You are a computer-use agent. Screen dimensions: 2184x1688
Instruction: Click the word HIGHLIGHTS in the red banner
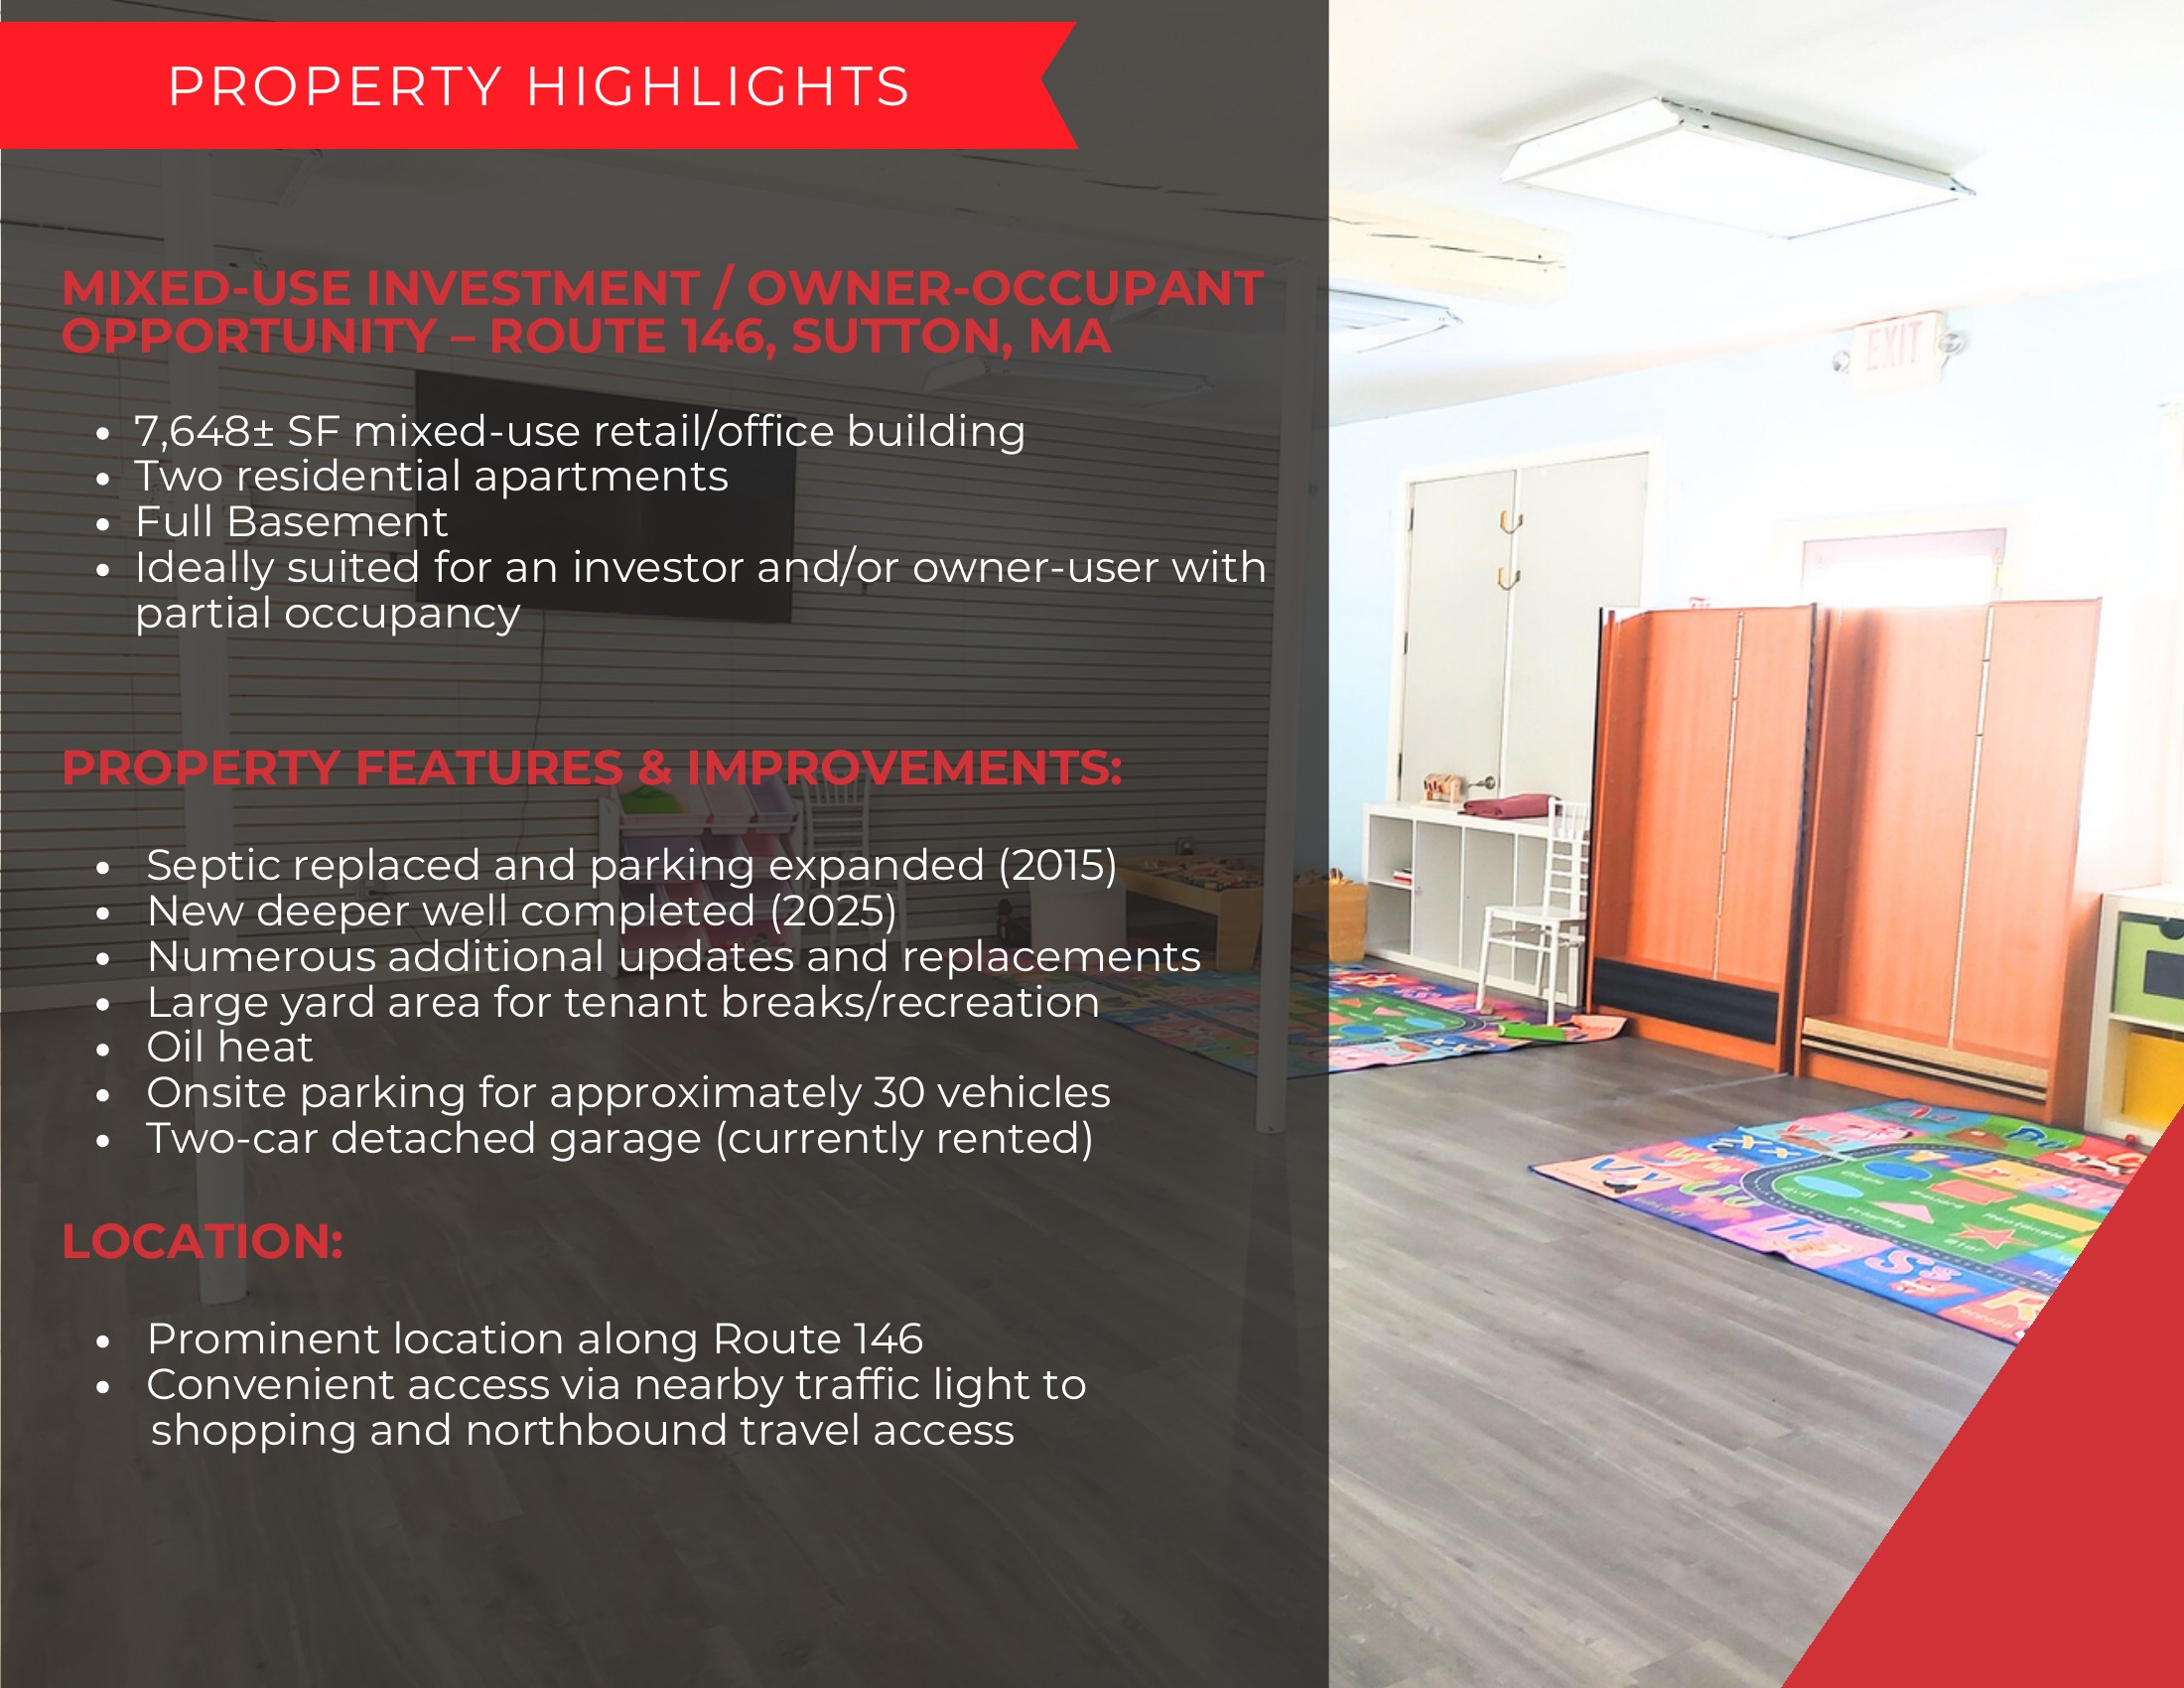(x=718, y=86)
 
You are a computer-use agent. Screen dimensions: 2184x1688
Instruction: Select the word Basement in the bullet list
(x=337, y=522)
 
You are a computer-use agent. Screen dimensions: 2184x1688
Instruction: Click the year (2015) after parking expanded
(x=1057, y=866)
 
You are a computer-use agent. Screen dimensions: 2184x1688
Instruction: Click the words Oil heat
(x=230, y=1047)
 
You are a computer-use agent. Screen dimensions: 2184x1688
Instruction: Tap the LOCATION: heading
(x=203, y=1242)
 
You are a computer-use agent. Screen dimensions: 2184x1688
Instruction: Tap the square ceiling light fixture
(x=1738, y=166)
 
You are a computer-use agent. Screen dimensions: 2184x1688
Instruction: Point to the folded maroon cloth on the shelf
(x=1511, y=805)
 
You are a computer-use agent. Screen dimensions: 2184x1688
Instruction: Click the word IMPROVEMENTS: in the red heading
(x=904, y=769)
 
